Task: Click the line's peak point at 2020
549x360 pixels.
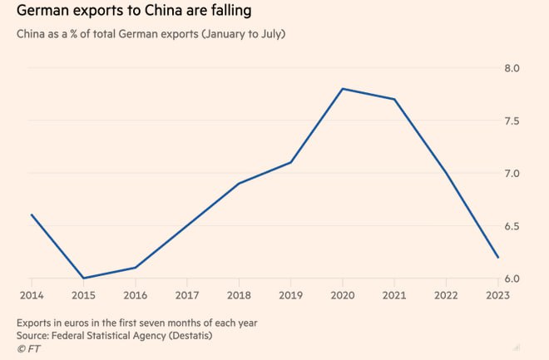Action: coord(344,89)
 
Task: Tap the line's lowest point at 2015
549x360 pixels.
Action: coord(82,278)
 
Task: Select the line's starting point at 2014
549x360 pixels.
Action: coord(32,215)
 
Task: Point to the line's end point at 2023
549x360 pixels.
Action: coord(497,257)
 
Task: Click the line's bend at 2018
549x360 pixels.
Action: coord(240,183)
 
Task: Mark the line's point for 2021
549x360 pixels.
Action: coord(394,100)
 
